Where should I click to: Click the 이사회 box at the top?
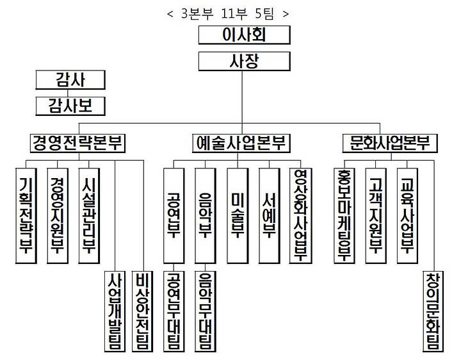[x=245, y=35]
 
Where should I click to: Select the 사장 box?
[x=245, y=61]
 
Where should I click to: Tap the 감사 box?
[x=70, y=80]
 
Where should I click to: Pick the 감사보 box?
[x=70, y=105]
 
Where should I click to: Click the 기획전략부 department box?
[x=27, y=215]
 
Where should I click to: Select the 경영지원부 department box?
[x=58, y=215]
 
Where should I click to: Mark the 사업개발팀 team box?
[x=115, y=310]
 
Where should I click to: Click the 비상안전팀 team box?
[x=143, y=310]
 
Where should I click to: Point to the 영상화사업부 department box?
[x=300, y=215]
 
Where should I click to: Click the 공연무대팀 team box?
[x=173, y=310]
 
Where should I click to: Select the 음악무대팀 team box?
[x=206, y=310]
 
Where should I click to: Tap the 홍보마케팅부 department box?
[x=344, y=215]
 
